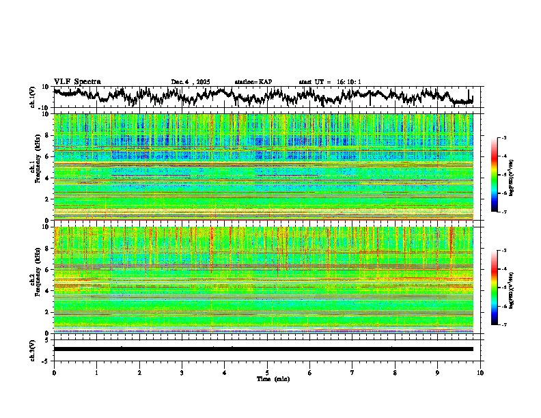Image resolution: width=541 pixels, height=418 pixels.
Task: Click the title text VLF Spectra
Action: pyautogui.click(x=77, y=81)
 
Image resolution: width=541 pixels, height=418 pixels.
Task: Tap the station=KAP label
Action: pyautogui.click(x=253, y=82)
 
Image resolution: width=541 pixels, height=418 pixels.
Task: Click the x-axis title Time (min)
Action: pyautogui.click(x=273, y=378)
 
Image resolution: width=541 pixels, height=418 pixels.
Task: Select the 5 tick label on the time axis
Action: pyautogui.click(x=267, y=372)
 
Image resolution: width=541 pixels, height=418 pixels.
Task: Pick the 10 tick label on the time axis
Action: pyautogui.click(x=480, y=372)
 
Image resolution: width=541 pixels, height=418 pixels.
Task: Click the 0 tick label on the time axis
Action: pyautogui.click(x=54, y=372)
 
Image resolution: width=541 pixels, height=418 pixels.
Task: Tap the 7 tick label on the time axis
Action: pyautogui.click(x=352, y=372)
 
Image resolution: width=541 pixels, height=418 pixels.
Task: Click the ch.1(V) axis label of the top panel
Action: pyautogui.click(x=33, y=97)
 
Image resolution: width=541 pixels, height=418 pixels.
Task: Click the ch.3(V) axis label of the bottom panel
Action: pyautogui.click(x=33, y=348)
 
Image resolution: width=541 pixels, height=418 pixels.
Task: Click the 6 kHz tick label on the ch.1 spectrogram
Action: pyautogui.click(x=47, y=156)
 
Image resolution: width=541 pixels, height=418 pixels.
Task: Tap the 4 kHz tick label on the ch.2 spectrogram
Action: pyautogui.click(x=47, y=290)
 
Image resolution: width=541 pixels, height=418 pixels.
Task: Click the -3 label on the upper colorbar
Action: pyautogui.click(x=503, y=138)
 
